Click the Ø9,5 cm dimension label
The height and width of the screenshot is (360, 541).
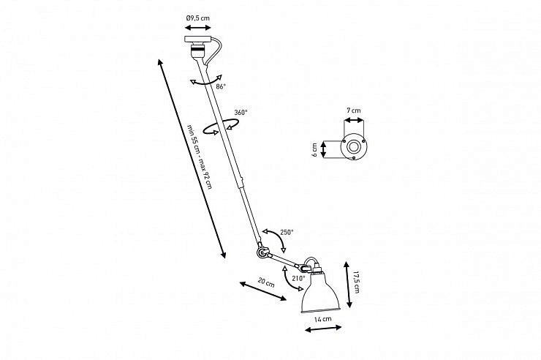(197, 18)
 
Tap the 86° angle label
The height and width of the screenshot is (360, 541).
(221, 86)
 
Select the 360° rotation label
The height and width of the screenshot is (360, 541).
(241, 112)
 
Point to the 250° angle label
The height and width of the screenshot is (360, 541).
(287, 232)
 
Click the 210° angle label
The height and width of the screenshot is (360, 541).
(299, 278)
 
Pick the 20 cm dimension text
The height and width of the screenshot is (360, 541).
(266, 282)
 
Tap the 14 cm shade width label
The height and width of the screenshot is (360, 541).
(322, 319)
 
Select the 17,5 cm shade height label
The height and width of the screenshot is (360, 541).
(357, 282)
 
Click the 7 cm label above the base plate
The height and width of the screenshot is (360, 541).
(354, 110)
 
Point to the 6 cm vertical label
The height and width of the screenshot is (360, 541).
(314, 150)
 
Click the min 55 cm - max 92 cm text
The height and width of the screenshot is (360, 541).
(200, 157)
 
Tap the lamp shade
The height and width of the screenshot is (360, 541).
(320, 293)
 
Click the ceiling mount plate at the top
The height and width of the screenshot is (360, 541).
(197, 39)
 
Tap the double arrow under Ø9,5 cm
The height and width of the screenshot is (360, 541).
(197, 28)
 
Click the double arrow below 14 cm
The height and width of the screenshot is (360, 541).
(323, 329)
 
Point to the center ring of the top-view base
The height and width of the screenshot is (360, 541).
(354, 147)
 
